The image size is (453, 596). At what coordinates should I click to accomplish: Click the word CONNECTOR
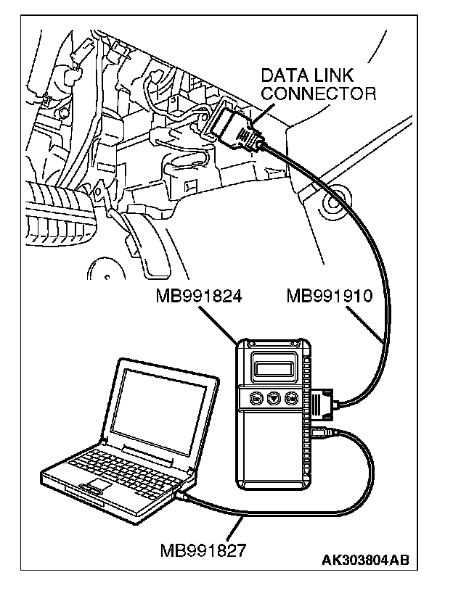(x=319, y=94)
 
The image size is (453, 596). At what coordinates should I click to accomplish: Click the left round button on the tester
(x=256, y=397)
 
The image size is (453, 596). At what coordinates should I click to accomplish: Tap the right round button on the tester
(x=291, y=397)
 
